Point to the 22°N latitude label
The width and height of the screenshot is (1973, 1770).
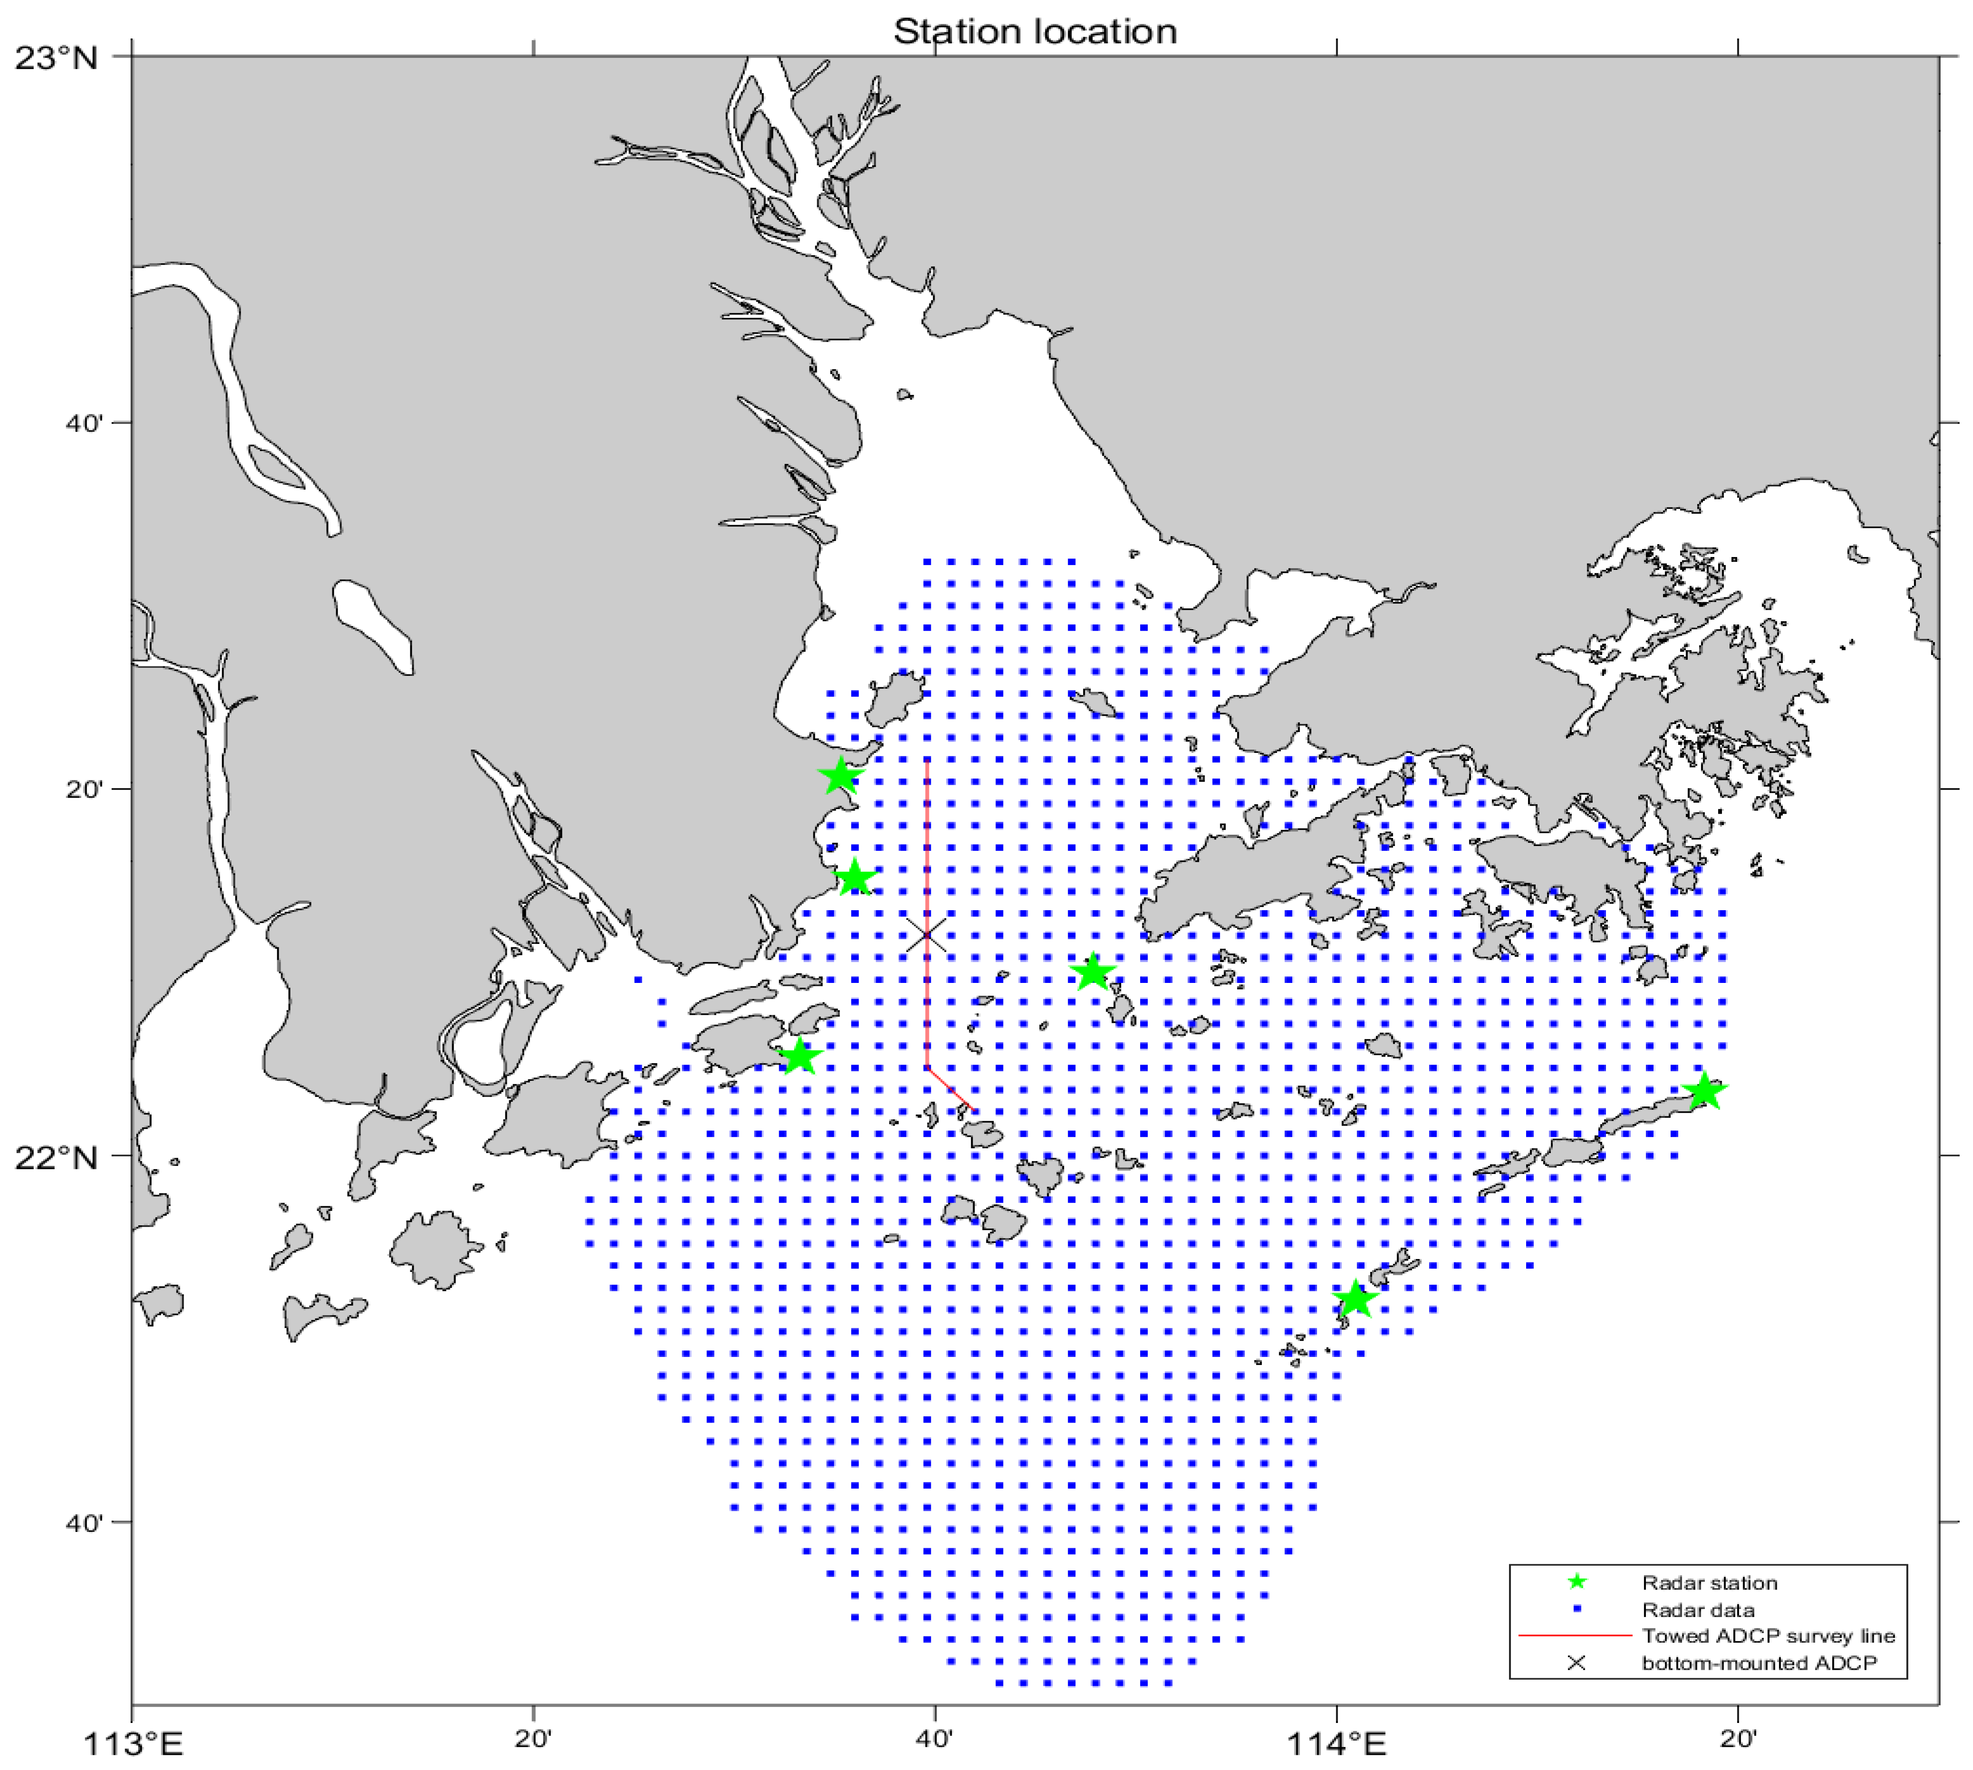57,1157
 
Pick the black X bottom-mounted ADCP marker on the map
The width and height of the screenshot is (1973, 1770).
925,934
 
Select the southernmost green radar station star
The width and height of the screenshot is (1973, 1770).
1355,1299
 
